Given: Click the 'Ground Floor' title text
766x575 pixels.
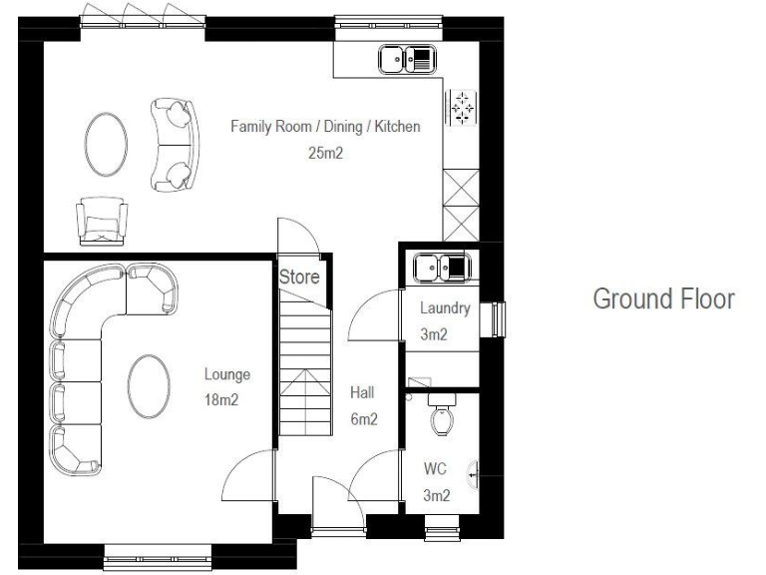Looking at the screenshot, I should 663,299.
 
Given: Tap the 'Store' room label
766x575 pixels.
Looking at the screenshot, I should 299,278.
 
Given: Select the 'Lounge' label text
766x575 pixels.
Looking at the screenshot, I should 227,375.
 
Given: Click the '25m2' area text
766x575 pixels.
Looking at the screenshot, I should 325,154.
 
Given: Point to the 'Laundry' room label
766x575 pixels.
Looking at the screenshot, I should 438,309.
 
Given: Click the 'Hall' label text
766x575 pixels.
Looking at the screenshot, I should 361,393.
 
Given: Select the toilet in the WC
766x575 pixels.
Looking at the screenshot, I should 442,415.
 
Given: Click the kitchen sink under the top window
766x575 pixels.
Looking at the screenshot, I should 407,61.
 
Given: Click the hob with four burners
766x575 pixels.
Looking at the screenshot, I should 461,105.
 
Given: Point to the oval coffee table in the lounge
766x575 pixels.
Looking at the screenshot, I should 149,385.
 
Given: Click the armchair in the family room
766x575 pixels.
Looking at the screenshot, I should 102,218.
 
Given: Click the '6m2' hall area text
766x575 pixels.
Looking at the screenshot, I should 363,420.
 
